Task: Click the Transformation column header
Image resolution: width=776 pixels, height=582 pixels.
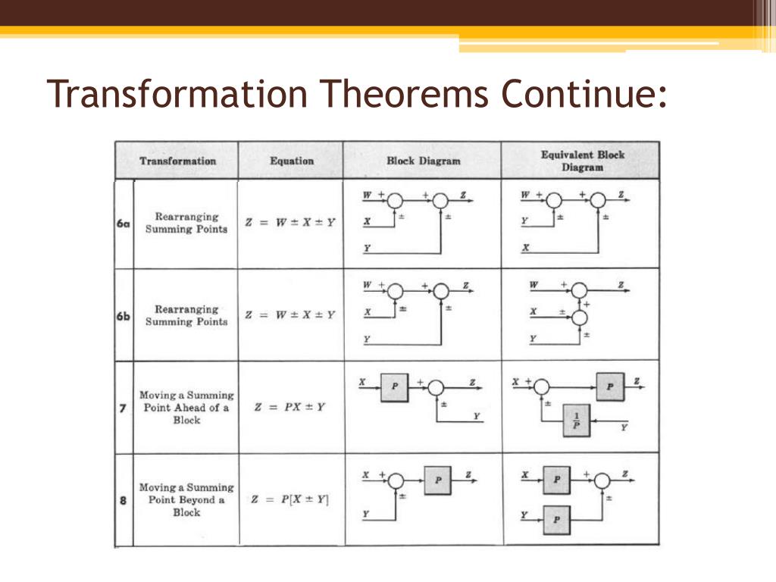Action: click(x=177, y=161)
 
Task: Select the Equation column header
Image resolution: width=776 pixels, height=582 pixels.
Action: click(x=292, y=161)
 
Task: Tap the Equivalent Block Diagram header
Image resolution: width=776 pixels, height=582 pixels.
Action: click(x=582, y=161)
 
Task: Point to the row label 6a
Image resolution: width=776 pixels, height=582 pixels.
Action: click(x=124, y=224)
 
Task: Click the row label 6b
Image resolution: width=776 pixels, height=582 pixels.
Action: click(x=124, y=316)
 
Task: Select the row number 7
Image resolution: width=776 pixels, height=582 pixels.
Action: click(x=123, y=408)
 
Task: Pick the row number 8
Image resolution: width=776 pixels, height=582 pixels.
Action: click(x=123, y=500)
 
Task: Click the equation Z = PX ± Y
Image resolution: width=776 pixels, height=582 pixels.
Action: click(x=290, y=407)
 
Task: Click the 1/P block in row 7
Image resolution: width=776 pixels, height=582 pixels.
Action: click(x=576, y=420)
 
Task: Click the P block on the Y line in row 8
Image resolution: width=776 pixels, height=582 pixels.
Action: click(x=557, y=519)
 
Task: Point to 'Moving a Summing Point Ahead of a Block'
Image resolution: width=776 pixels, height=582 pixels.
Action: click(x=186, y=408)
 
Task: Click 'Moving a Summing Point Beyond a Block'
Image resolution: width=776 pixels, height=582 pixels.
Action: click(x=186, y=500)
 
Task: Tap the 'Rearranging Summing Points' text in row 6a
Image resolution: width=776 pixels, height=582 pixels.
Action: click(x=186, y=223)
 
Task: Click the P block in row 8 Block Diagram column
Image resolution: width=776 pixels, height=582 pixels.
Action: click(x=437, y=480)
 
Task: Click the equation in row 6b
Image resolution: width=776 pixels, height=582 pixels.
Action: click(x=290, y=315)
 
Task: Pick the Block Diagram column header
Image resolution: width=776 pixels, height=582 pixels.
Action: click(x=423, y=161)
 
